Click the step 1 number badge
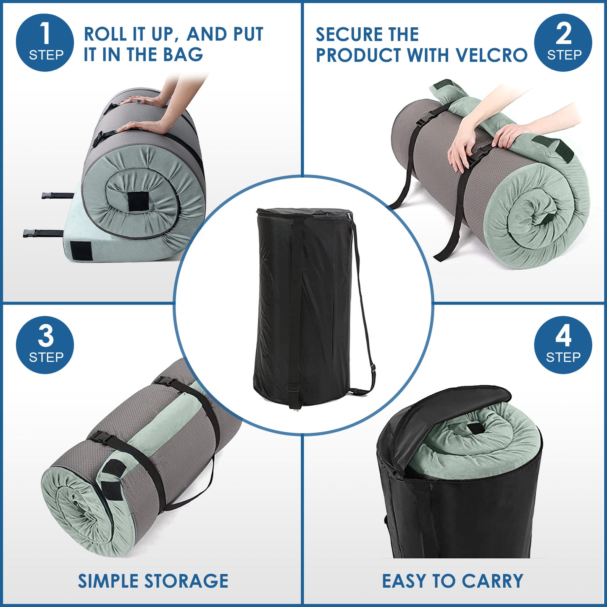click(x=45, y=42)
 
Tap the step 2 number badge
click(x=563, y=42)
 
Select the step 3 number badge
click(x=45, y=345)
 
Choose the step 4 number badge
click(x=563, y=345)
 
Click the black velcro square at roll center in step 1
click(x=138, y=202)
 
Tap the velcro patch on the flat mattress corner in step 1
click(x=81, y=251)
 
